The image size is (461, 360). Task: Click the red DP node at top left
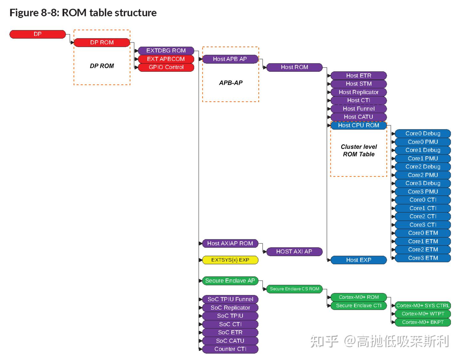tap(37, 34)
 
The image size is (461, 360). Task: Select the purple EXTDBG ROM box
tap(166, 51)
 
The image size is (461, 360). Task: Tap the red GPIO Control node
tap(166, 67)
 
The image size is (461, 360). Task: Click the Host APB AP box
tap(230, 59)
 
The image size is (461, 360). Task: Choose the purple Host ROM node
tap(294, 67)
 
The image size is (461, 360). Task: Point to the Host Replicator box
tap(359, 92)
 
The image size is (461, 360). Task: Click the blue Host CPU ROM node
tap(359, 126)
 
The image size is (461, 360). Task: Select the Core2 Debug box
tap(423, 167)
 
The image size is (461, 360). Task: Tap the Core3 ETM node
tap(423, 258)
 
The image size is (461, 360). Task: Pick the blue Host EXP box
tap(359, 260)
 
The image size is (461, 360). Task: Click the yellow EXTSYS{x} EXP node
tap(230, 260)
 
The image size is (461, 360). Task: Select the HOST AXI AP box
tap(294, 252)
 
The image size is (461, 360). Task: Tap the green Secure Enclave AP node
tap(230, 281)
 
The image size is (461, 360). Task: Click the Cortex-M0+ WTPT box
tap(423, 314)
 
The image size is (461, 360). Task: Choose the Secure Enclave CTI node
tap(359, 306)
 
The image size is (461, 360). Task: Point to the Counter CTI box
tap(230, 349)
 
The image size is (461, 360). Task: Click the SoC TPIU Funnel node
tap(230, 299)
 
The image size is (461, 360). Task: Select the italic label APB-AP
tap(230, 83)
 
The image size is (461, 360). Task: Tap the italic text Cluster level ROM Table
tap(359, 151)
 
